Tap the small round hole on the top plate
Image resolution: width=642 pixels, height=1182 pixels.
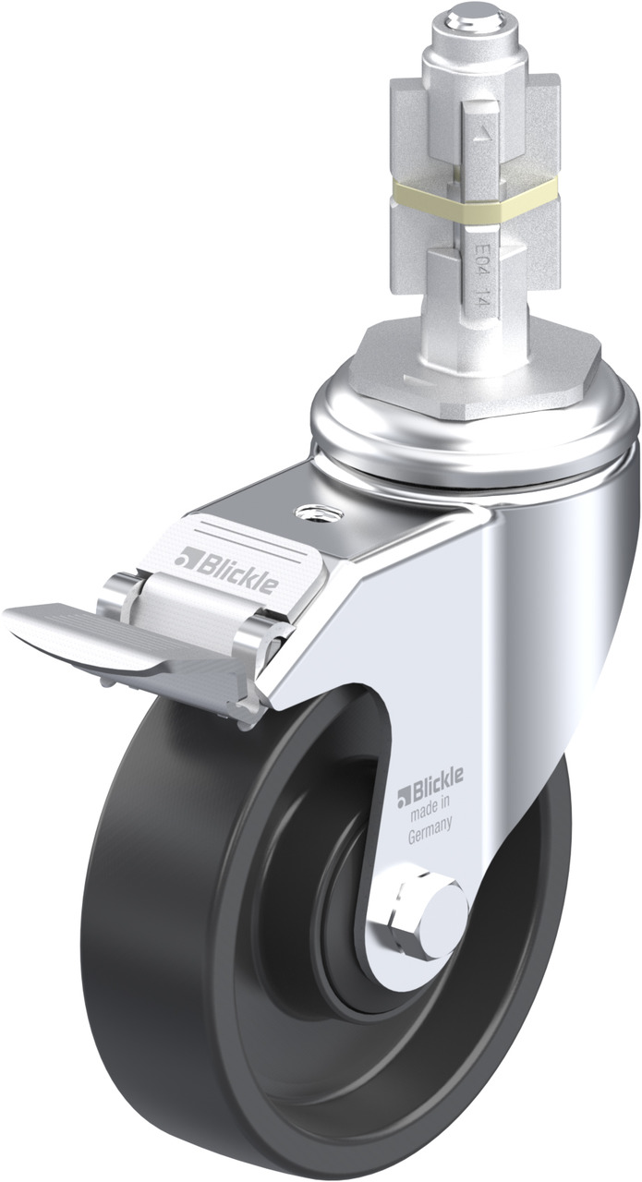coord(319,512)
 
